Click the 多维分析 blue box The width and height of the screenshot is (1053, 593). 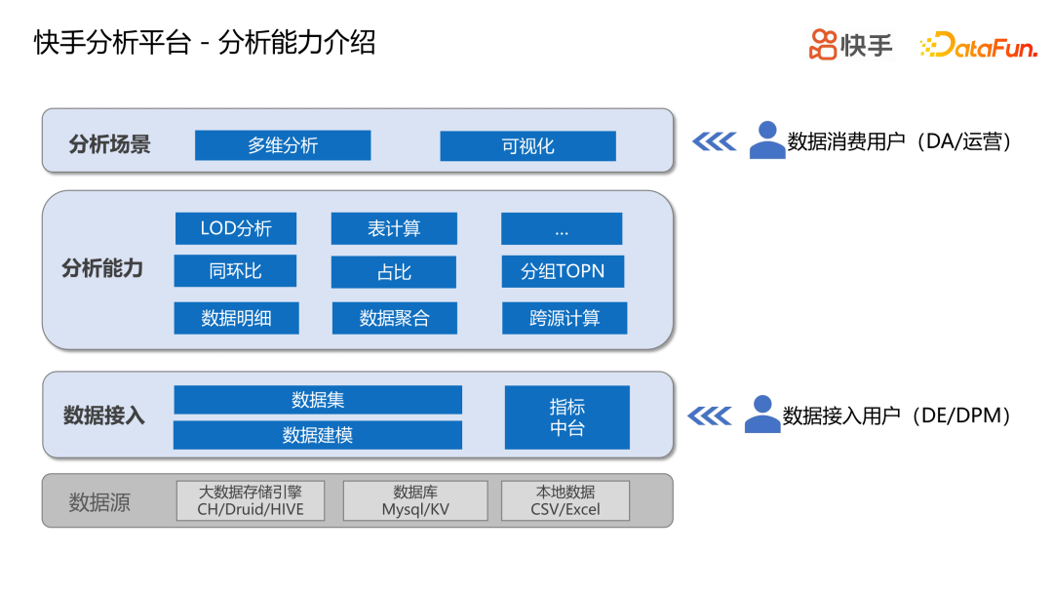(x=283, y=145)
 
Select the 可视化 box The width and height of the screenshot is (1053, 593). (x=527, y=146)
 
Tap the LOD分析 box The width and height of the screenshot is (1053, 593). (x=236, y=229)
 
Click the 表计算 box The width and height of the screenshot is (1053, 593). (x=394, y=229)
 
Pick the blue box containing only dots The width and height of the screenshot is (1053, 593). (x=562, y=229)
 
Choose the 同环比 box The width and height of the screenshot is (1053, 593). (x=235, y=271)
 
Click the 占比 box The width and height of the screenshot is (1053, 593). (x=394, y=272)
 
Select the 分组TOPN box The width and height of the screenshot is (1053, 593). (x=563, y=272)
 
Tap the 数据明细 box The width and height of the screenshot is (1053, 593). (x=236, y=318)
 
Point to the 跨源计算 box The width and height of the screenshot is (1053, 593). (x=565, y=318)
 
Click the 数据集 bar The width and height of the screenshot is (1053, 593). (x=318, y=400)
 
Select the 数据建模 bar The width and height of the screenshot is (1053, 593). (x=318, y=435)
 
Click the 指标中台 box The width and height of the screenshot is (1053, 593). (x=566, y=417)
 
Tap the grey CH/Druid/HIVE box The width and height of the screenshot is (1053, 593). (x=251, y=500)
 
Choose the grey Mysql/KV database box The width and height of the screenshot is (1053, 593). (x=415, y=500)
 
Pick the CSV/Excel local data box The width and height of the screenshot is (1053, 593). (x=565, y=500)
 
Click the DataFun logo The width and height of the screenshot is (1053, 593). (x=978, y=46)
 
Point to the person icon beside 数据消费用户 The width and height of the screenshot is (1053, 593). (x=767, y=140)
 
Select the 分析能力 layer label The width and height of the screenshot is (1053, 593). (x=102, y=269)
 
